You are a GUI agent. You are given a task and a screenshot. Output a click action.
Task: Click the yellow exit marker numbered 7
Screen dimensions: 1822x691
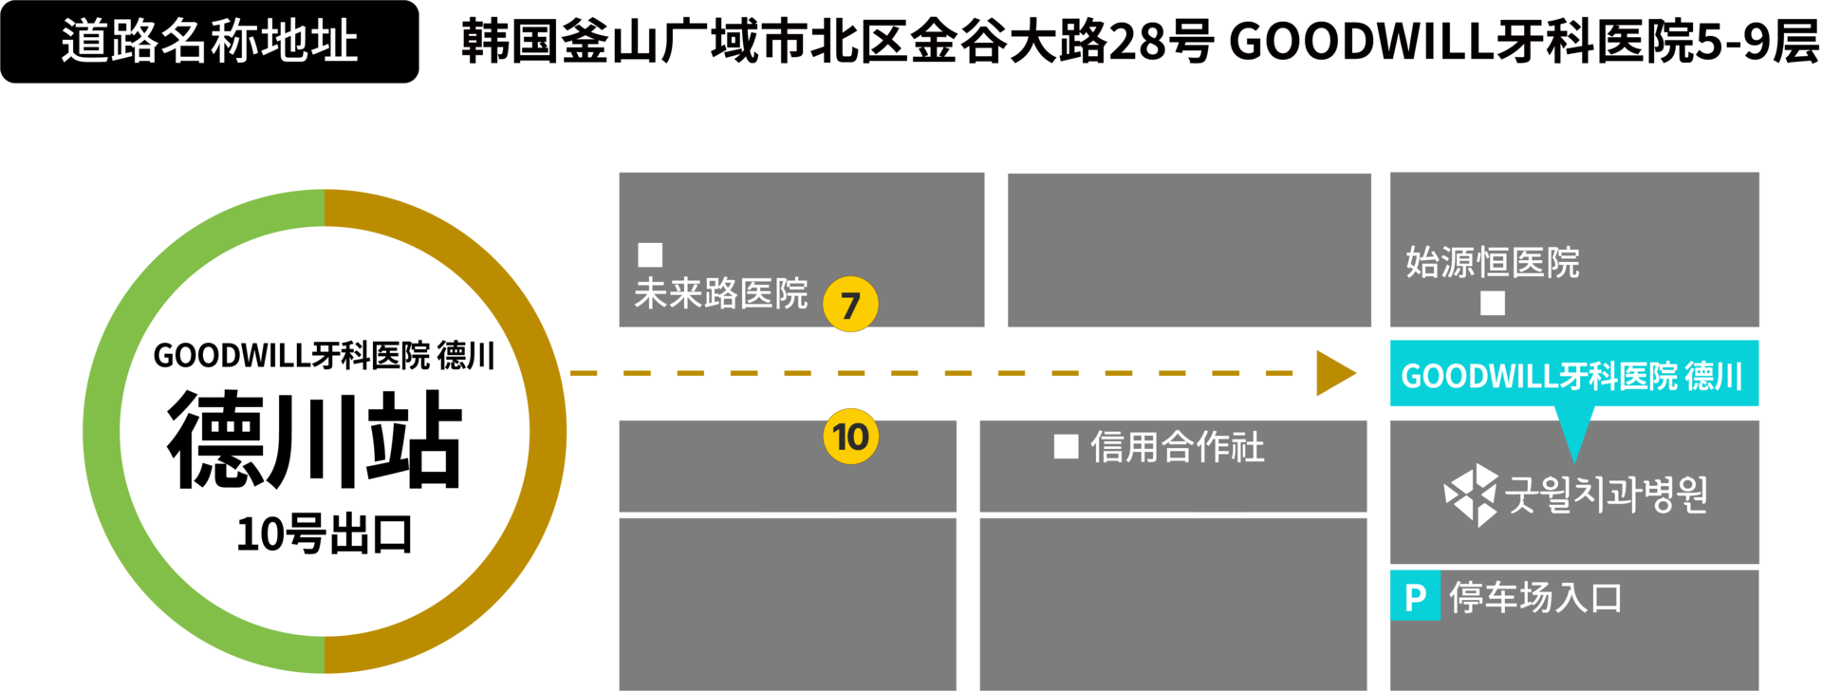pos(850,304)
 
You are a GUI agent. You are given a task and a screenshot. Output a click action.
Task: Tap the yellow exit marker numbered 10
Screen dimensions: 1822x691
pos(850,437)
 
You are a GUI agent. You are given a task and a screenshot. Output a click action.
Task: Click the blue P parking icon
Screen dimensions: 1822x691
pos(1415,596)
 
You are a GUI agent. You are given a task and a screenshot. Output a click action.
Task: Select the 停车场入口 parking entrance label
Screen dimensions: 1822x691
pos(1535,597)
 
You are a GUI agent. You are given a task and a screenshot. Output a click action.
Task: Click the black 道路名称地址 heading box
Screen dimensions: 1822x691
pos(209,42)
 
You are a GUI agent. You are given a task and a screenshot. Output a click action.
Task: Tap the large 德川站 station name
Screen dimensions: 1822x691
pos(315,440)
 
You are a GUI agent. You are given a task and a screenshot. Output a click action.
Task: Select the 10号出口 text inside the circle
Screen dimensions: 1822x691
pos(325,534)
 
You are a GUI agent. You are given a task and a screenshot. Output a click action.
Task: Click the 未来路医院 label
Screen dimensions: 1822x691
pos(721,293)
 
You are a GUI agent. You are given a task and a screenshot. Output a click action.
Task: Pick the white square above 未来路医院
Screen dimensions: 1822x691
pos(650,254)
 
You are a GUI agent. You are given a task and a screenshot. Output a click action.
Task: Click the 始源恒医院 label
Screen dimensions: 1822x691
pos(1493,262)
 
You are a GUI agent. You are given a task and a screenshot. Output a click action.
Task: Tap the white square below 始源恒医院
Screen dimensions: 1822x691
pos(1493,303)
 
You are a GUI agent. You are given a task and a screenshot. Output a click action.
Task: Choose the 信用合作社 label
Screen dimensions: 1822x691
pos(1178,446)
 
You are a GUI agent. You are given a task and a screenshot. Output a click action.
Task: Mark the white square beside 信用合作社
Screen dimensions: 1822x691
pos(1067,446)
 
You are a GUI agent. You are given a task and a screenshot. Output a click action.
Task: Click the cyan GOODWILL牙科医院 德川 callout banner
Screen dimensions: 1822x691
pos(1574,374)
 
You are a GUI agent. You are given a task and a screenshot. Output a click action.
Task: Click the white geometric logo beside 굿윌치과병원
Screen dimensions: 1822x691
pos(1471,495)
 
